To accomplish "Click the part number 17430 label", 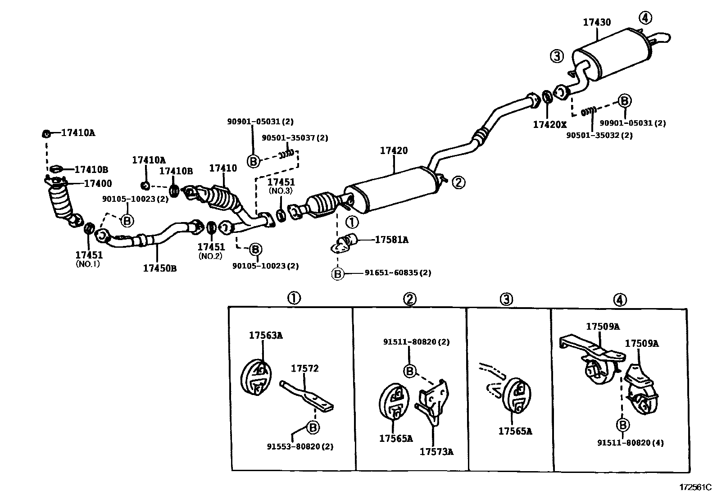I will pyautogui.click(x=597, y=22).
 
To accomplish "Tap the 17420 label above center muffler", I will pyautogui.click(x=393, y=151).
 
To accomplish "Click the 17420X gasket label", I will pyautogui.click(x=549, y=124).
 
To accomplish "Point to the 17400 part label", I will pyautogui.click(x=98, y=184).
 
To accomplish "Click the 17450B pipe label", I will pyautogui.click(x=159, y=268).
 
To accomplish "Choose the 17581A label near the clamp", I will pyautogui.click(x=391, y=240).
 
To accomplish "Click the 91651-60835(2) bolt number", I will pyautogui.click(x=397, y=273).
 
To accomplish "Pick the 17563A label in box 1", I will pyautogui.click(x=266, y=335).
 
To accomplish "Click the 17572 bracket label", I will pyautogui.click(x=304, y=368).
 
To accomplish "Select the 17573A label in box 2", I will pyautogui.click(x=436, y=451).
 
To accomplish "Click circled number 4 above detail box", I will pyautogui.click(x=620, y=300).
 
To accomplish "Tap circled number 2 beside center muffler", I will pyautogui.click(x=458, y=182).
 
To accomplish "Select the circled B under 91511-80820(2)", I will pyautogui.click(x=410, y=371).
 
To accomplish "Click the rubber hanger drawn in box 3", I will pyautogui.click(x=517, y=395).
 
